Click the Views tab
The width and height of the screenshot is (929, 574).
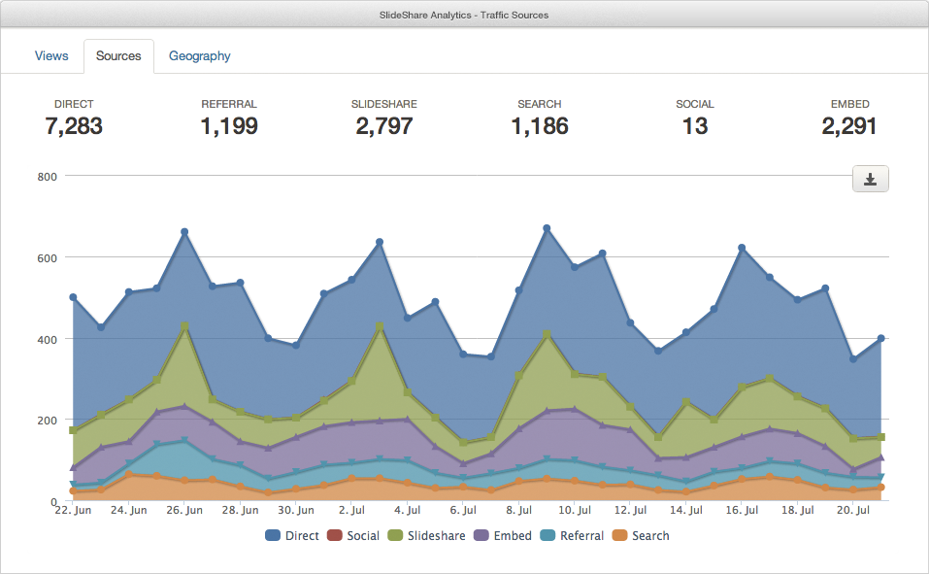tap(51, 56)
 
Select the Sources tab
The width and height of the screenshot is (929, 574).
tap(118, 56)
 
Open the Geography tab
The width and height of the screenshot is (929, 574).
tap(200, 56)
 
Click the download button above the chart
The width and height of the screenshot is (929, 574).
tap(870, 179)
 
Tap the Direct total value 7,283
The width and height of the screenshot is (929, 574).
tap(74, 126)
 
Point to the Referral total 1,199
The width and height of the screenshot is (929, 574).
tap(229, 126)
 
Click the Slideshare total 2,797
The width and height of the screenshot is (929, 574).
tap(384, 126)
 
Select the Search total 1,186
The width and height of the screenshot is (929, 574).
tap(540, 126)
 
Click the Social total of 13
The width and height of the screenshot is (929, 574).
tap(695, 126)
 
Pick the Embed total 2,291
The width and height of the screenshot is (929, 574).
tap(849, 126)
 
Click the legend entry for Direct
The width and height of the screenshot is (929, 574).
tap(292, 536)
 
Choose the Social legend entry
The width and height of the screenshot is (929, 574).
tap(354, 536)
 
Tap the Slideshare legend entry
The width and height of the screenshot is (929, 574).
tap(427, 536)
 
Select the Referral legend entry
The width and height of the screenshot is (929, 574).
tap(573, 536)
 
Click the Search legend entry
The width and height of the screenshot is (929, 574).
tap(642, 536)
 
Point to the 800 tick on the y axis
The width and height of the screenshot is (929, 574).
tap(48, 177)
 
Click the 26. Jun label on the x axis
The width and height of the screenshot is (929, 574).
tap(184, 510)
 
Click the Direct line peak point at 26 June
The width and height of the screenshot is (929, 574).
tap(184, 232)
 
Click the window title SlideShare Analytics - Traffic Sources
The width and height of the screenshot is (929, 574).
tap(464, 15)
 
